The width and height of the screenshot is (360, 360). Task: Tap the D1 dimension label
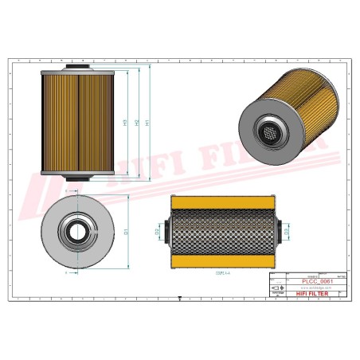pos(127,232)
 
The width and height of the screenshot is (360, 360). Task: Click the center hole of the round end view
pos(77,233)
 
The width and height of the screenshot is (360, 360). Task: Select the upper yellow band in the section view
pos(224,205)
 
